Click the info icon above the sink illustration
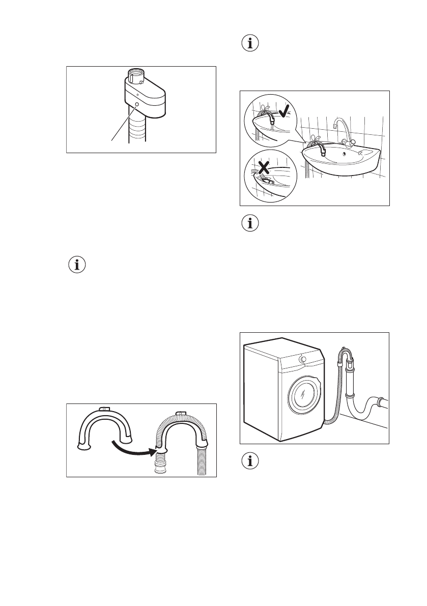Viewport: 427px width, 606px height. (x=249, y=44)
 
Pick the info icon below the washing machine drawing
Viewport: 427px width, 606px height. (x=249, y=462)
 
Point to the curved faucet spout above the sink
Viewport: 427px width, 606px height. (x=340, y=127)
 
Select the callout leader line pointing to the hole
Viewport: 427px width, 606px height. (x=124, y=122)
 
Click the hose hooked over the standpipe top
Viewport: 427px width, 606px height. (x=347, y=353)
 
